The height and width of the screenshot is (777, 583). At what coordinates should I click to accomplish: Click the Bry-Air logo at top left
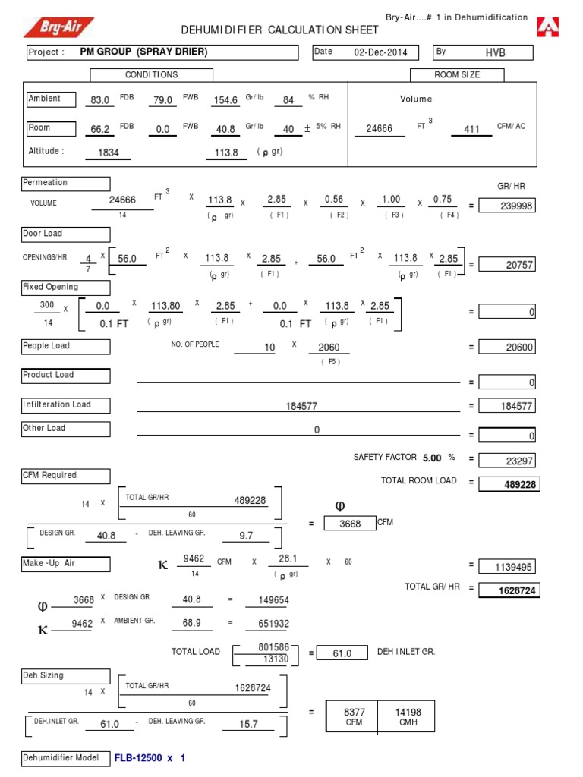(x=58, y=27)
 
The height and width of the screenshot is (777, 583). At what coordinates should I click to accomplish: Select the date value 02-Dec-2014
(x=380, y=52)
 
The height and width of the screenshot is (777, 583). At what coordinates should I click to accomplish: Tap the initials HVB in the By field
(x=495, y=52)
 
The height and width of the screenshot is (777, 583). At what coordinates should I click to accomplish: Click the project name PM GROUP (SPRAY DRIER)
(x=143, y=52)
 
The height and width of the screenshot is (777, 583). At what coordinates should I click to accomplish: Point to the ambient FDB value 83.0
(x=100, y=100)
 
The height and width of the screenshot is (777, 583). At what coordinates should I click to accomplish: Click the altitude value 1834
(x=109, y=153)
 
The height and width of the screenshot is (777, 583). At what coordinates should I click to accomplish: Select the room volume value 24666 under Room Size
(x=379, y=129)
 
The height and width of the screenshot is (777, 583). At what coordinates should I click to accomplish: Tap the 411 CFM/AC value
(x=471, y=130)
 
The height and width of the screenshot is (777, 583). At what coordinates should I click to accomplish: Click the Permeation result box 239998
(x=509, y=206)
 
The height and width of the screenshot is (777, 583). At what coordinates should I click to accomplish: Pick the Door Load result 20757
(x=509, y=264)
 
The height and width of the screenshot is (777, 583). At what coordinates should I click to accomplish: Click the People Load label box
(x=66, y=347)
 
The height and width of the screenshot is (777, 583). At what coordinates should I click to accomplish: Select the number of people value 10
(x=269, y=348)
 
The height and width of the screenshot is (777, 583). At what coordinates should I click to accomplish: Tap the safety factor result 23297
(x=509, y=460)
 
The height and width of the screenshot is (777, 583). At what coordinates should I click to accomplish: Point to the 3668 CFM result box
(x=349, y=524)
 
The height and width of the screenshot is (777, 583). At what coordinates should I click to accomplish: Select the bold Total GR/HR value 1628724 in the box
(x=509, y=590)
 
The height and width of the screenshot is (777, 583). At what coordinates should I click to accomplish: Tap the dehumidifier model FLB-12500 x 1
(x=150, y=758)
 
